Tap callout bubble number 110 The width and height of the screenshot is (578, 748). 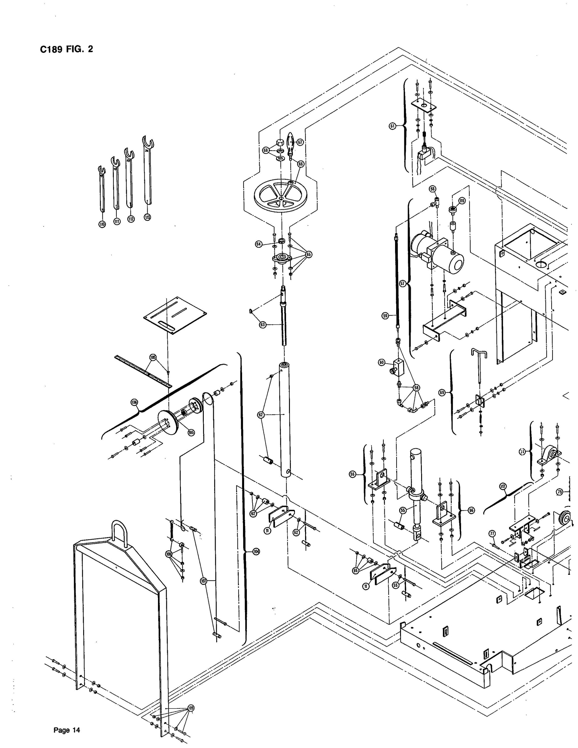click(102, 224)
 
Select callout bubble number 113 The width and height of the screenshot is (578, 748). click(147, 217)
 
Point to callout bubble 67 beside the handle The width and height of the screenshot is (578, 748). click(300, 142)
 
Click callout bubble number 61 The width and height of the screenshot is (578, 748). click(392, 126)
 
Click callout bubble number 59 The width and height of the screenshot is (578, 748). click(386, 316)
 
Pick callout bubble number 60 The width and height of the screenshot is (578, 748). click(382, 362)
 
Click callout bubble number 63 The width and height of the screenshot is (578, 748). click(263, 325)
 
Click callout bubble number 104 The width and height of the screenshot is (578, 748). click(256, 551)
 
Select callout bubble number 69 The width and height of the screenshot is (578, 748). click(442, 392)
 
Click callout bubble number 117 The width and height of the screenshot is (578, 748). click(503, 487)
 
